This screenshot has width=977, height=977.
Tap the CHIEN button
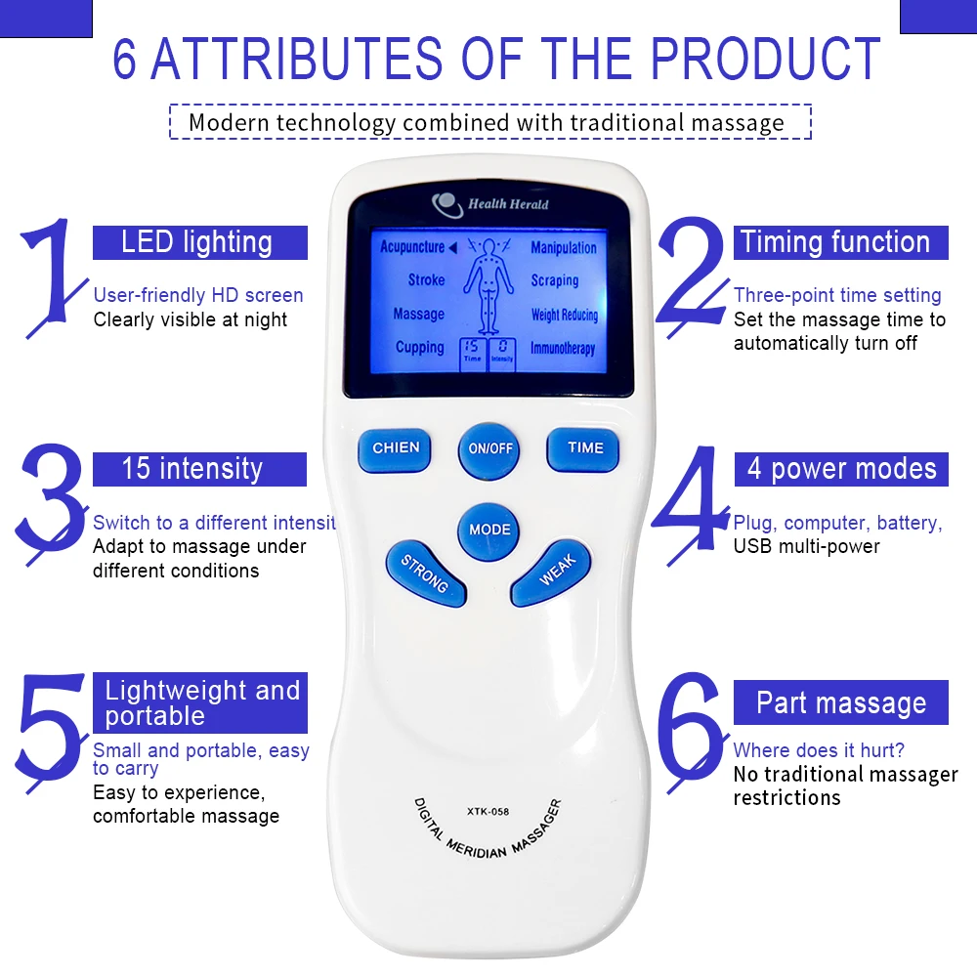pyautogui.click(x=395, y=449)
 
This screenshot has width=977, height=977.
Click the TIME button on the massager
pyautogui.click(x=583, y=449)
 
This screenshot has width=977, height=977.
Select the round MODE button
pyautogui.click(x=489, y=531)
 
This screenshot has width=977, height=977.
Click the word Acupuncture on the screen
pyautogui.click(x=412, y=247)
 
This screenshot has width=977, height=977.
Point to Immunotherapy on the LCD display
pyautogui.click(x=563, y=348)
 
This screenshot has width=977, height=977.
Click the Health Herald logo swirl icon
pyautogui.click(x=446, y=204)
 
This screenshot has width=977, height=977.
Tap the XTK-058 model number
pyautogui.click(x=488, y=811)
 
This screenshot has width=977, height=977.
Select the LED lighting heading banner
pyautogui.click(x=200, y=242)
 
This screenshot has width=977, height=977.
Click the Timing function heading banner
pyautogui.click(x=840, y=242)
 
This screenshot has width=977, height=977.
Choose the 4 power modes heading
pyautogui.click(x=840, y=469)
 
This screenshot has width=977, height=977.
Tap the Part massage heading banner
pyautogui.click(x=840, y=702)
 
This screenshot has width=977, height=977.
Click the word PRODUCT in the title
pyautogui.click(x=765, y=59)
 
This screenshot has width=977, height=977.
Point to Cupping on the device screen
pyautogui.click(x=420, y=347)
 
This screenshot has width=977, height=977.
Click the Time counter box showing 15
pyautogui.click(x=472, y=354)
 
